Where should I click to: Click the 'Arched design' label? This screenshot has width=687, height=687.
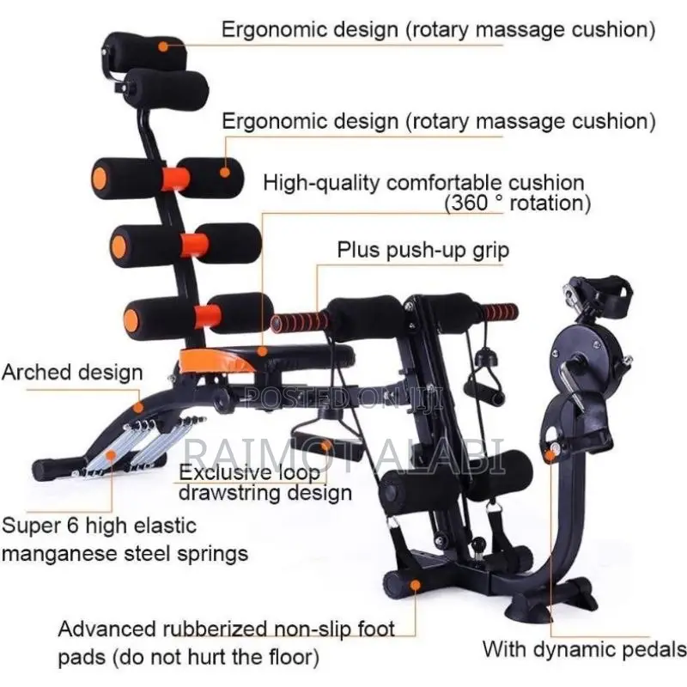72,373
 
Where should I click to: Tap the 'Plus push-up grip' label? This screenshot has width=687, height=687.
423,251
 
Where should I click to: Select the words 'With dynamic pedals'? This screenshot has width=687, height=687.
585,649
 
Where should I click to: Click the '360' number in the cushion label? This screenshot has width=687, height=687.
471,203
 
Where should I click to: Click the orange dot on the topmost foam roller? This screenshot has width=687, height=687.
163,46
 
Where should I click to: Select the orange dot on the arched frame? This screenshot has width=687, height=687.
138,407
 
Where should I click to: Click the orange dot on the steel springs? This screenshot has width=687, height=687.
112,456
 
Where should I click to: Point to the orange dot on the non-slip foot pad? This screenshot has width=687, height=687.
416,585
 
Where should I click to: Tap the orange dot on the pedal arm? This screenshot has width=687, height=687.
550,456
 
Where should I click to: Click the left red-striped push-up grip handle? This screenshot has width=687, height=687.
299,323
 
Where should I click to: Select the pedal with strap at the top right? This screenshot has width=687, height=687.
598,294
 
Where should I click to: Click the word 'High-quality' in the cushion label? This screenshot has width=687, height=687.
321,183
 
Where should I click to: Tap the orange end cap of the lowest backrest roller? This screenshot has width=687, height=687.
131,320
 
